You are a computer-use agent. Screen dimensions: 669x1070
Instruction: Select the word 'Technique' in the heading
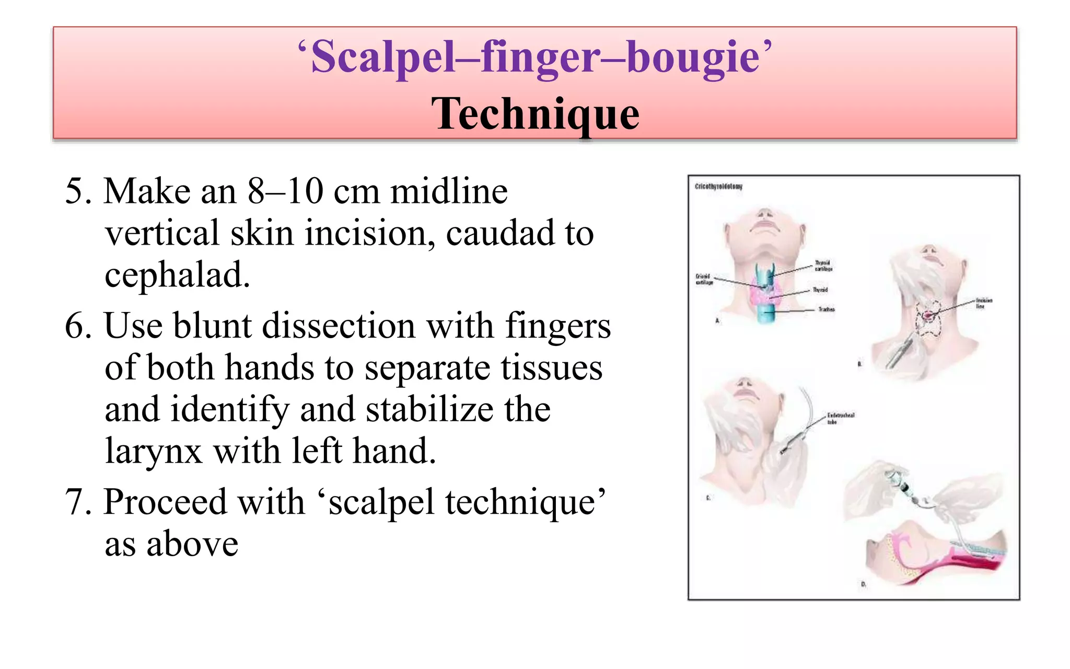535,113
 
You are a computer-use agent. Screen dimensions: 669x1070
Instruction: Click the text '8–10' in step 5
285,191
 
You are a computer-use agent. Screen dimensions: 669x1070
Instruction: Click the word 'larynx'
153,451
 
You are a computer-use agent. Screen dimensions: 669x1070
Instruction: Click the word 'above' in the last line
192,544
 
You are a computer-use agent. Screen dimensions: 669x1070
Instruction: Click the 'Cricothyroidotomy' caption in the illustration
718,187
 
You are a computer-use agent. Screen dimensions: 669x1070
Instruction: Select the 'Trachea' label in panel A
826,309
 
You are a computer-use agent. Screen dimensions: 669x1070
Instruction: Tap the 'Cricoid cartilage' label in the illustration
703,279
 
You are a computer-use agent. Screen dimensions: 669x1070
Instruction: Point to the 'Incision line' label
983,303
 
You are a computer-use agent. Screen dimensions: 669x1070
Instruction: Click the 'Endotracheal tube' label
840,418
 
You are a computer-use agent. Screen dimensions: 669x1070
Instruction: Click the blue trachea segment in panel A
766,313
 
